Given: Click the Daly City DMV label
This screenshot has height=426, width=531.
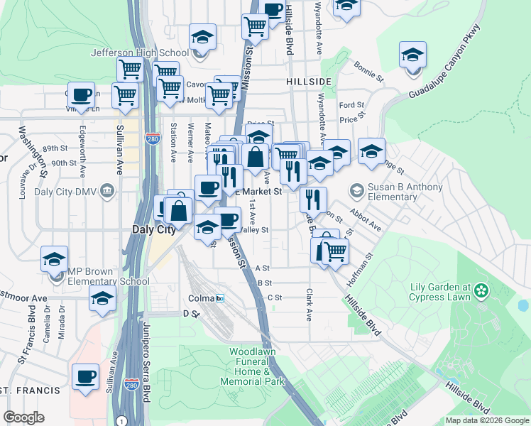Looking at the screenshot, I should (71, 190).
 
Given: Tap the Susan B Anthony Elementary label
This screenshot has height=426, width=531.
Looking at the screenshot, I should (405, 192).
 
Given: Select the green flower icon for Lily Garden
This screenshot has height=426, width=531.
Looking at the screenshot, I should (483, 290).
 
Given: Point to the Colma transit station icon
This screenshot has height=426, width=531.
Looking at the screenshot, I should (220, 298).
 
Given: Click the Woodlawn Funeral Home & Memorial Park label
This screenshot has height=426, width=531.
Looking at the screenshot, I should (250, 366).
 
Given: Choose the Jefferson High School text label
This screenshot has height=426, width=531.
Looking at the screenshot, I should (139, 52).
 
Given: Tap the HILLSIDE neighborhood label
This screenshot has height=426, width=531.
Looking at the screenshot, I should (310, 82).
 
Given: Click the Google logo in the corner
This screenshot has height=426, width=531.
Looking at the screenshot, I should (23, 417).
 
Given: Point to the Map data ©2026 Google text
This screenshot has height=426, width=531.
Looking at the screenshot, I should (486, 420).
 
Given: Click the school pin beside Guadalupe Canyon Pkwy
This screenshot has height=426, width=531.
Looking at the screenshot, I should (412, 55).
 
